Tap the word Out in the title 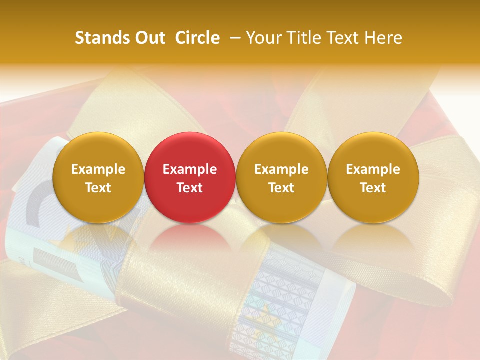click(x=149, y=38)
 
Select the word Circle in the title click(x=197, y=38)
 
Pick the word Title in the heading click(x=306, y=38)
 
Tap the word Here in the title click(x=383, y=38)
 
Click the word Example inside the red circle click(x=190, y=169)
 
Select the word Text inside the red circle click(x=190, y=188)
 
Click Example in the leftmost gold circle click(x=98, y=169)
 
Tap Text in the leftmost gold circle click(x=98, y=188)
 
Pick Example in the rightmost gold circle click(x=373, y=169)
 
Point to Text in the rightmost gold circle click(x=373, y=188)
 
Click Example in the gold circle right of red click(x=281, y=169)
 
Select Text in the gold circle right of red click(x=281, y=188)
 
